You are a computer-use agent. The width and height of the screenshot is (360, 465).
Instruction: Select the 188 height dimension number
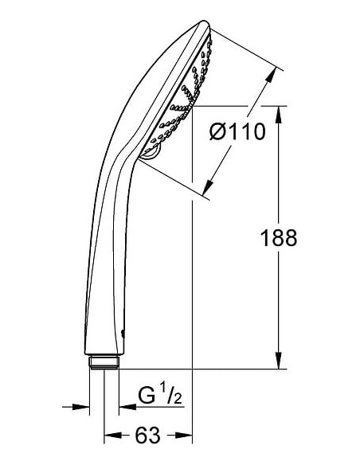click(278, 236)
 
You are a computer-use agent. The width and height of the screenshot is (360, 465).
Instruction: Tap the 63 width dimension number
click(147, 435)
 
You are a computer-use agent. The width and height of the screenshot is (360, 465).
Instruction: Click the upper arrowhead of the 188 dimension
click(278, 112)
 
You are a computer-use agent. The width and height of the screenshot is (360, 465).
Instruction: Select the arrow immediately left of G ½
click(126, 407)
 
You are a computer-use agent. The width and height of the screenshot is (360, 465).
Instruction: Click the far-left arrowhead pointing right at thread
click(82, 407)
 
